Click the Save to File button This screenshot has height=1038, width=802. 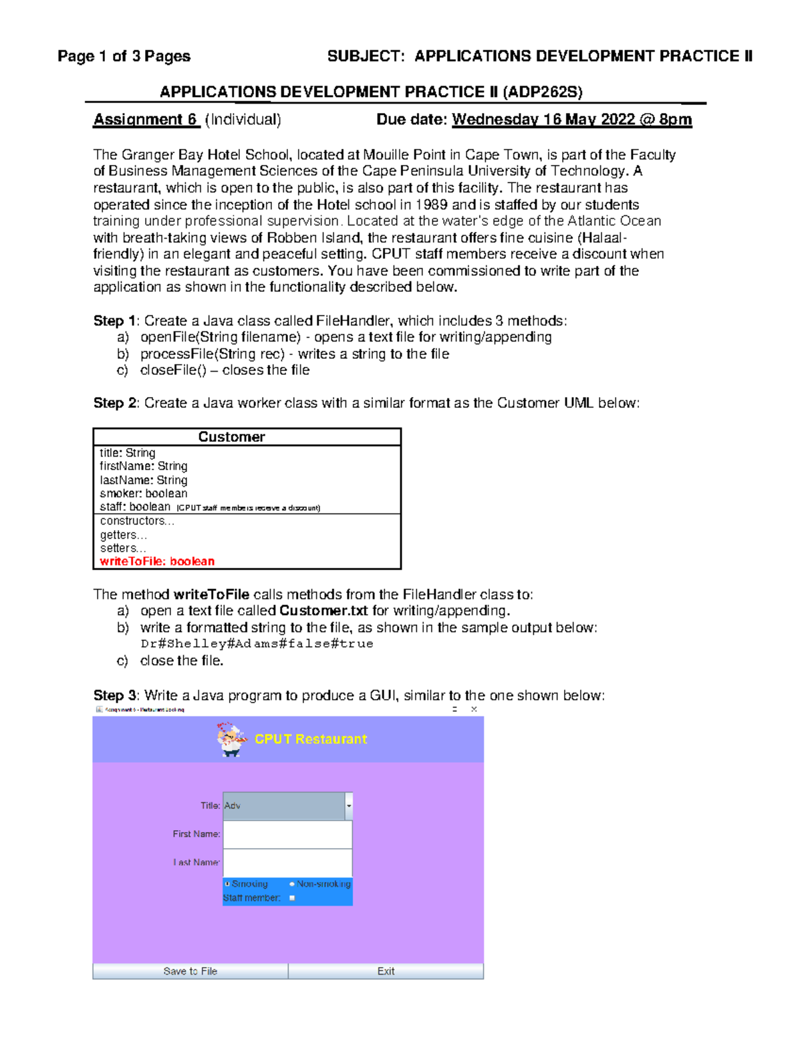click(x=190, y=971)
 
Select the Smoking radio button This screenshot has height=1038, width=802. click(x=227, y=884)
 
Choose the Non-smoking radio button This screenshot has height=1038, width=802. click(x=292, y=884)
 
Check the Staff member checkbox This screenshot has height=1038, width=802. click(x=292, y=898)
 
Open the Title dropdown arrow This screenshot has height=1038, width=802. click(x=348, y=806)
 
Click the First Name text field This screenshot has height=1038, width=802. click(x=287, y=834)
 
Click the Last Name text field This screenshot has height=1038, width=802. click(x=287, y=862)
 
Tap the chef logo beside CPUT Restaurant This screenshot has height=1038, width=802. click(x=231, y=739)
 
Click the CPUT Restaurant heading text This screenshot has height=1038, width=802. click(x=311, y=739)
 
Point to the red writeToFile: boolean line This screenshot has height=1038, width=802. click(x=157, y=561)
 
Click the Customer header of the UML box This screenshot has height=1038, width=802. click(x=231, y=437)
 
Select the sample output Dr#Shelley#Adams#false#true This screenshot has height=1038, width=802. click(x=257, y=644)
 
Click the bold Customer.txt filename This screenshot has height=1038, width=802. click(x=323, y=610)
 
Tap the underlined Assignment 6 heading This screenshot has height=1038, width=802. click(x=146, y=120)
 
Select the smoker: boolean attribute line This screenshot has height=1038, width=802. click(x=144, y=493)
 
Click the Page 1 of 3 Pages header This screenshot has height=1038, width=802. click(x=124, y=56)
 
